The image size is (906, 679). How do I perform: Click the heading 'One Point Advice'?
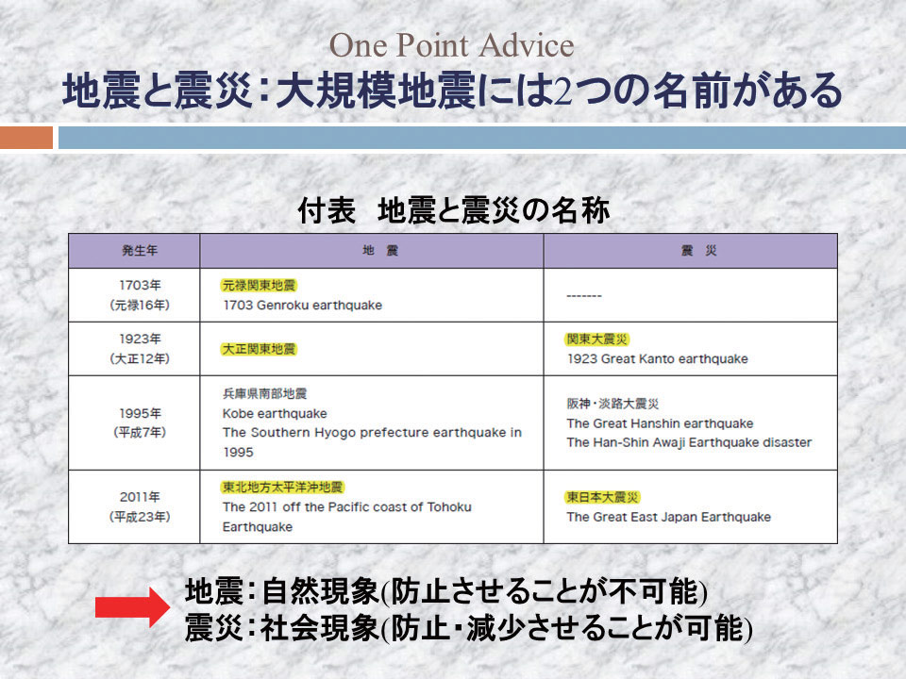451,45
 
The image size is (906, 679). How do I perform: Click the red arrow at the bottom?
132,606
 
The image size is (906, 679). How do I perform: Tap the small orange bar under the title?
26,138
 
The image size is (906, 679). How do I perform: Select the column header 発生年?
140,251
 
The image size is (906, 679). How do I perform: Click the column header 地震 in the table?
380,251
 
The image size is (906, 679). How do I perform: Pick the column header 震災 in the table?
698,251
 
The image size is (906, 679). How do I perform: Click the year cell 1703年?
140,285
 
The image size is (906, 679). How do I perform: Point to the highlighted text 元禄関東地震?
259,285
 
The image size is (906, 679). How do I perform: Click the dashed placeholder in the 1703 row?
584,295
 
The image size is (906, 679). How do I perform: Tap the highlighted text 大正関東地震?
259,349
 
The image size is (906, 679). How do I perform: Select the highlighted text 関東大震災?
596,339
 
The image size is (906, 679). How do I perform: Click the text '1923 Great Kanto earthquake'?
658,358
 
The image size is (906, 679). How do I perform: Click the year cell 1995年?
140,413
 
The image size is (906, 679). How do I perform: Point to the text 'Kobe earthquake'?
275,413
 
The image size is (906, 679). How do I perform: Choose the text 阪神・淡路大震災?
612,404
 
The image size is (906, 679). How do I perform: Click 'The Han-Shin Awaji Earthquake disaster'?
689,442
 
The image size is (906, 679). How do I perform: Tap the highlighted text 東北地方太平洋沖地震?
282,488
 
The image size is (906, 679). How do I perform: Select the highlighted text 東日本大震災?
603,497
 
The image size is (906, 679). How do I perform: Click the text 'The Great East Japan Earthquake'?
668,517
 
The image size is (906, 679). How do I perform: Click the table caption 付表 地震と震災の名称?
454,210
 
